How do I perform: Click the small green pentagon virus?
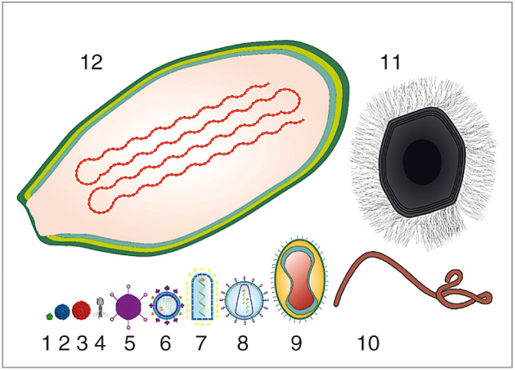[x=49, y=316]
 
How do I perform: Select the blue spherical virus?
[x=62, y=312]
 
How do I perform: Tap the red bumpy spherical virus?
[x=81, y=310]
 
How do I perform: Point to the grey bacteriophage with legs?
[x=100, y=307]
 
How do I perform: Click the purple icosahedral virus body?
[x=129, y=307]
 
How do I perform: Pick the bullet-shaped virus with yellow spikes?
[x=202, y=297]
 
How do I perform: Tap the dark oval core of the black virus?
[x=422, y=162]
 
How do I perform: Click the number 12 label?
[x=92, y=62]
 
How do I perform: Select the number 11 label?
[x=391, y=62]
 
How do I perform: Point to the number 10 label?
[x=368, y=343]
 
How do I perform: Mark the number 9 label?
[x=296, y=343]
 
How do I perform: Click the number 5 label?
[x=129, y=343]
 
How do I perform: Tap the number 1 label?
[x=47, y=343]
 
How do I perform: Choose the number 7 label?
[x=200, y=343]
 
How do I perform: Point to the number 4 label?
[x=100, y=343]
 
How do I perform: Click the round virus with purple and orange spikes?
[x=166, y=305]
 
